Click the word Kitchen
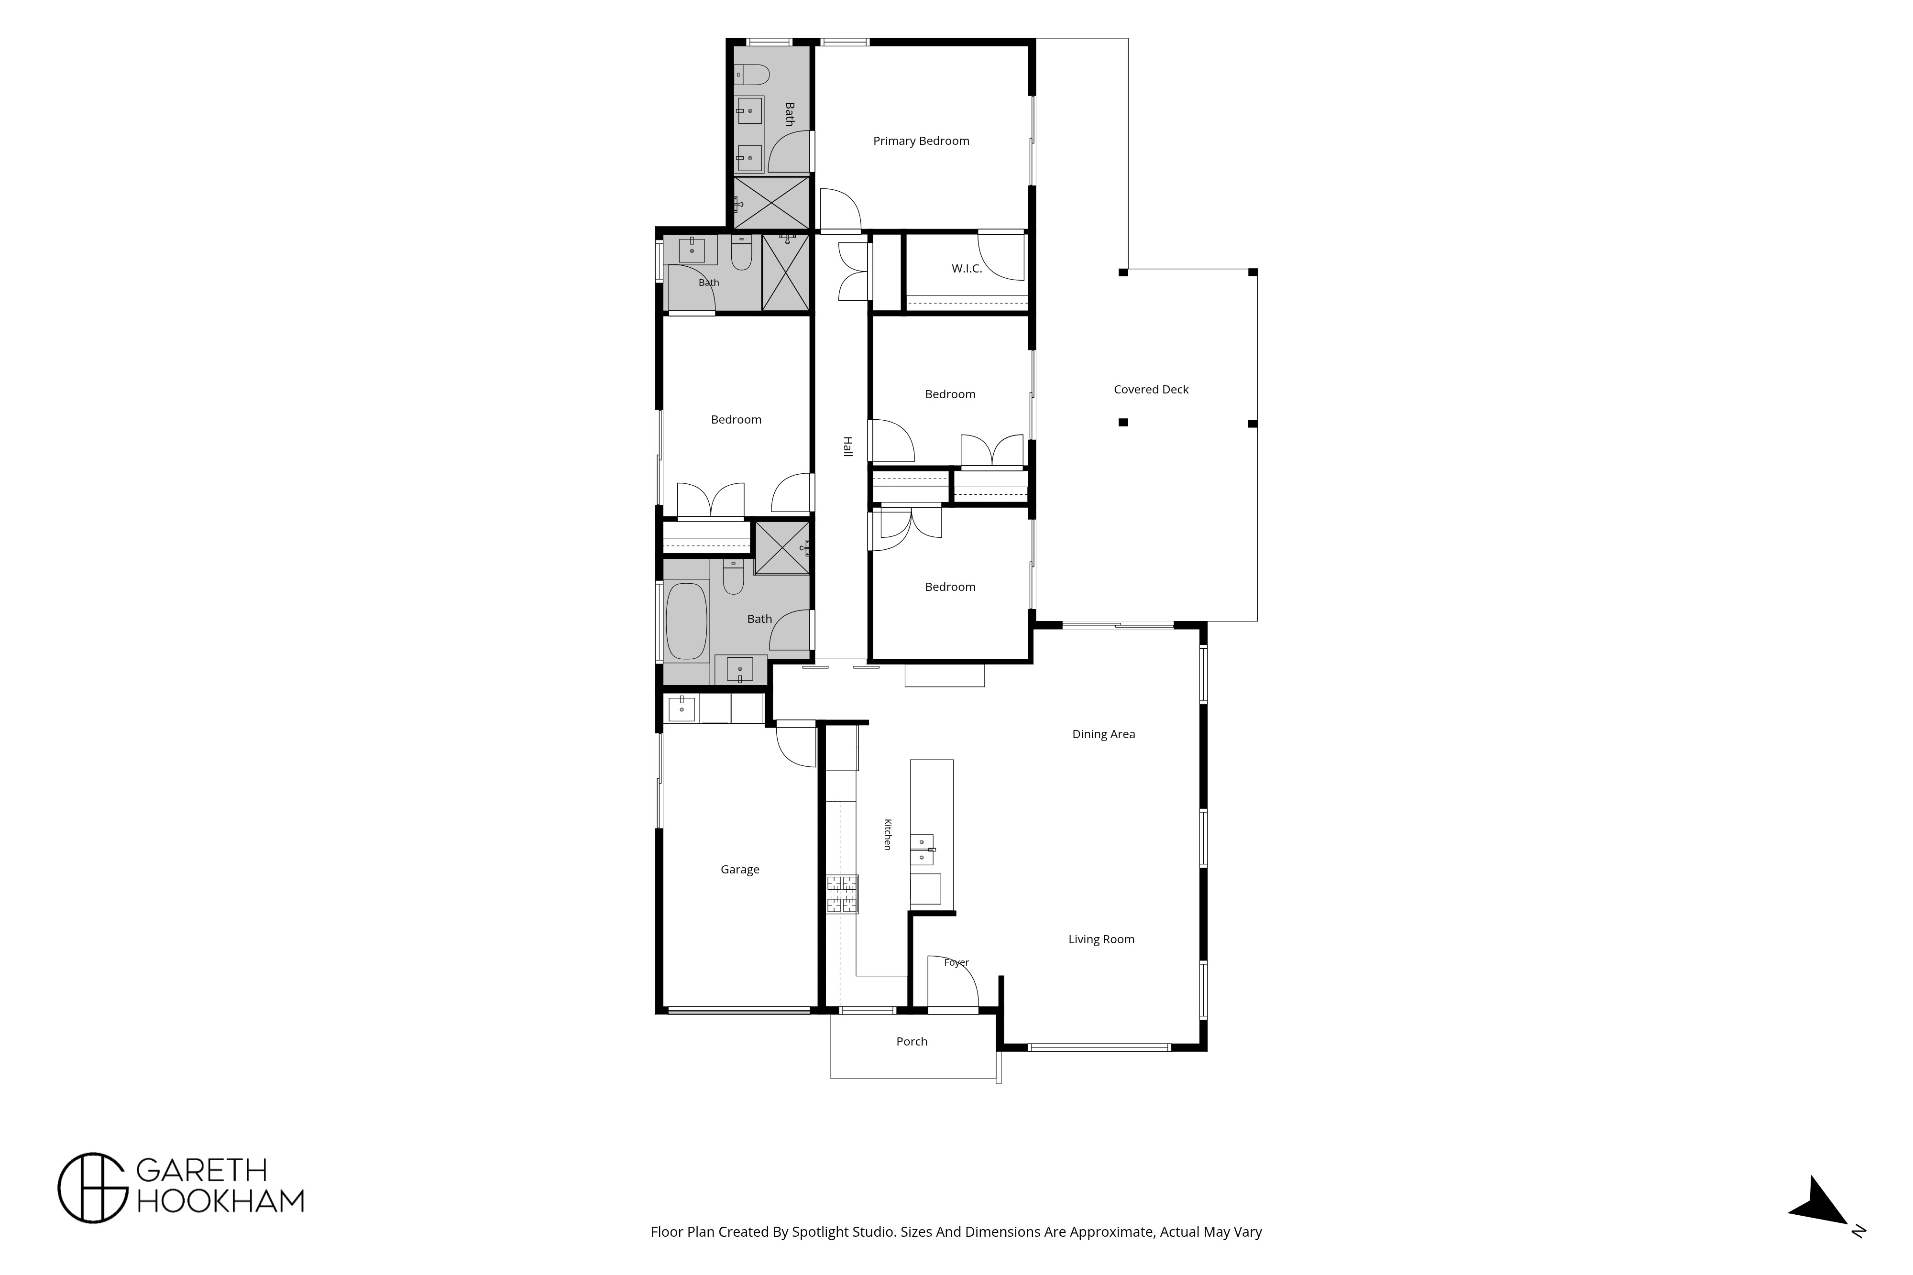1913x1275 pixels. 887,834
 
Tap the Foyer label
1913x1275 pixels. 956,963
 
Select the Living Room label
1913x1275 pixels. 1101,939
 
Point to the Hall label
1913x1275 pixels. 847,447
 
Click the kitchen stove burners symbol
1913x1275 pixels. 842,894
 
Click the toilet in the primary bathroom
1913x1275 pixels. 751,75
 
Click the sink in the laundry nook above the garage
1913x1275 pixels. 682,709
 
